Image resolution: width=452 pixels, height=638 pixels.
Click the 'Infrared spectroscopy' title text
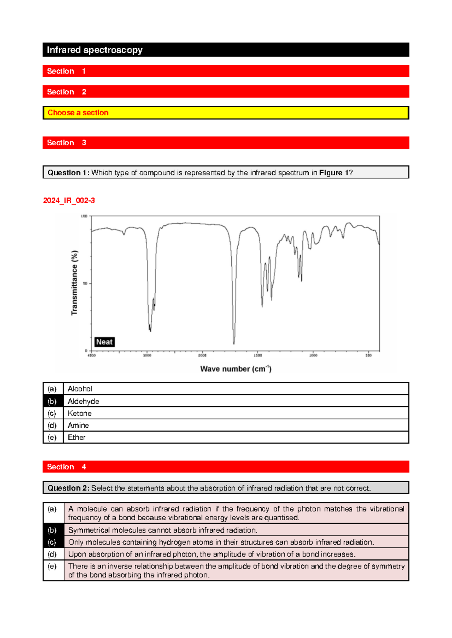tap(95, 50)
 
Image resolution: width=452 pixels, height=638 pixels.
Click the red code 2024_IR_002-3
tap(69, 201)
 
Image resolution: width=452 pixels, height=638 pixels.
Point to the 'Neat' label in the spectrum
tap(104, 342)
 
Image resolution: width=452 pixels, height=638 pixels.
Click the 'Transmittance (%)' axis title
tap(75, 283)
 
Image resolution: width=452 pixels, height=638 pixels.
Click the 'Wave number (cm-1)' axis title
tap(236, 369)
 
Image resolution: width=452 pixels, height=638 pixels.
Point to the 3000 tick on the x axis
tap(147, 355)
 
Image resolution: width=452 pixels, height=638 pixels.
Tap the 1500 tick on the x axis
tap(258, 355)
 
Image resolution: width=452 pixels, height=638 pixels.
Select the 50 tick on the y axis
tap(85, 284)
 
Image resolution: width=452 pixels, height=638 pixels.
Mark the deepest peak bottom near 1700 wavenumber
tap(234, 343)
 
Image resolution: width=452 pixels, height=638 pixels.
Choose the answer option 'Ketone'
tap(79, 413)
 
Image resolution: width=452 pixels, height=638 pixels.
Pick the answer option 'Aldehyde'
tap(83, 401)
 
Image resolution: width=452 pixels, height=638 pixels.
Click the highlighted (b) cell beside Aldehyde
tap(52, 401)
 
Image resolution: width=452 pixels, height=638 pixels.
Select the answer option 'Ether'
tap(76, 437)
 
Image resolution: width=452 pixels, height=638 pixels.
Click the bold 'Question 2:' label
tap(69, 488)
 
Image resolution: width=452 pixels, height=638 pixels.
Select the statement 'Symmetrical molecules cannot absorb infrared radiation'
tap(163, 530)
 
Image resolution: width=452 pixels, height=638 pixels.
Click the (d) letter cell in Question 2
tap(52, 554)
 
